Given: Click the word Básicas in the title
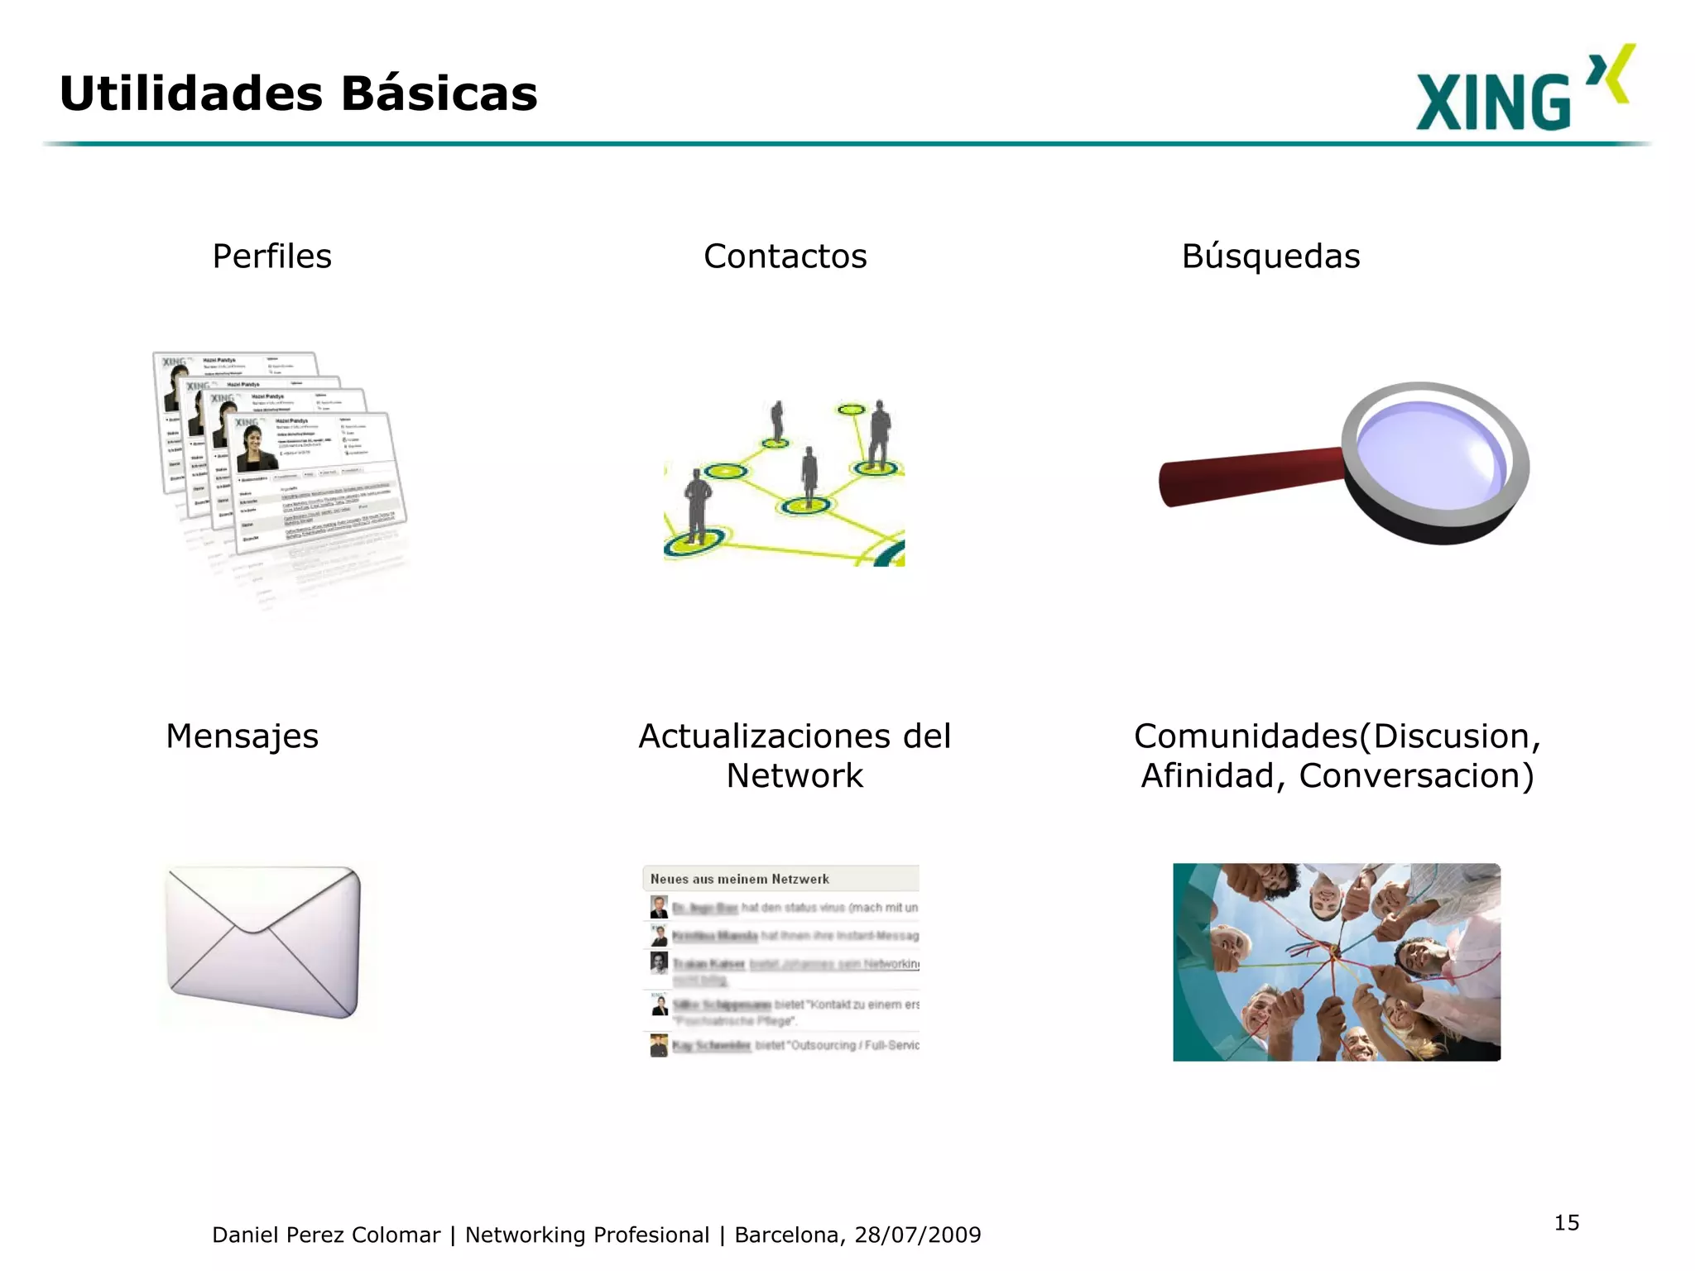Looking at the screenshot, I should (x=439, y=94).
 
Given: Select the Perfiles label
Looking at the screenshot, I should (x=271, y=257).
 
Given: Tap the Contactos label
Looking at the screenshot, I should (x=785, y=257).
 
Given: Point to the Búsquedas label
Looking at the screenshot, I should (x=1270, y=257).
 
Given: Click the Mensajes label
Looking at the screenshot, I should (x=242, y=736).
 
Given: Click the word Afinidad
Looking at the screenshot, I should (x=1208, y=776).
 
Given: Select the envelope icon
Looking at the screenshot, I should (x=263, y=942).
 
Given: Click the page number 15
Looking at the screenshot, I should (x=1566, y=1223).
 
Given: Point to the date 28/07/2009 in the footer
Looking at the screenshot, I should (x=917, y=1235).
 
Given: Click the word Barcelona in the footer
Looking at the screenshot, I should (x=786, y=1235).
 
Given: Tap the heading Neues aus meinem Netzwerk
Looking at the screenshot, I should (x=739, y=879).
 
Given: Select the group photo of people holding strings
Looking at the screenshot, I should (x=1336, y=962).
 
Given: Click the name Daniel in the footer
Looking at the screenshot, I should (x=244, y=1235).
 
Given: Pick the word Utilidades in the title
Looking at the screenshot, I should (x=190, y=94).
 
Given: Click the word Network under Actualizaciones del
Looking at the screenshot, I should (x=795, y=776).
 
